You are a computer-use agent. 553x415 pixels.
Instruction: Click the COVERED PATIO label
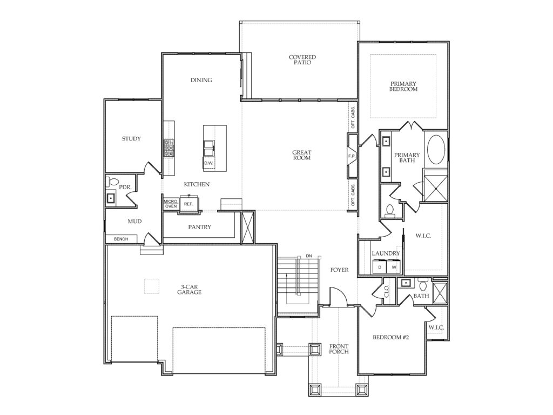pos(302,59)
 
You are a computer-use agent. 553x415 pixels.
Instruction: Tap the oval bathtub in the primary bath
pos(436,149)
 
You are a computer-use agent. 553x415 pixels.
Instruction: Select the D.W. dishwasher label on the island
pos(208,163)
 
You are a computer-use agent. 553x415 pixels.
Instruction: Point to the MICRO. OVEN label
pos(171,204)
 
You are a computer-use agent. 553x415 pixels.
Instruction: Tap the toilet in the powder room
pos(112,182)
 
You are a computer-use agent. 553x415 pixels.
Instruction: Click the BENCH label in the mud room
pos(121,239)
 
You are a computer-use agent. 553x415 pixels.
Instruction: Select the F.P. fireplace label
pos(352,156)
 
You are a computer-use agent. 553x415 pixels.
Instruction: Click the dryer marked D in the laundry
pos(380,266)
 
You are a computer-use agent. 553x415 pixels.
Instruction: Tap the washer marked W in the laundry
pos(394,266)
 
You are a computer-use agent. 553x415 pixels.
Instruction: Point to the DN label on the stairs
pos(309,256)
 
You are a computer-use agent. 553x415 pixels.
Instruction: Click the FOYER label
pos(339,270)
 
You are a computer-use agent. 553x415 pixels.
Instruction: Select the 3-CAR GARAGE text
pos(190,290)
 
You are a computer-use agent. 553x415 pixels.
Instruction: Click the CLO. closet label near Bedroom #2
pos(387,291)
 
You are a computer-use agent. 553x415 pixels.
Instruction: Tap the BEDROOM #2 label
pos(391,337)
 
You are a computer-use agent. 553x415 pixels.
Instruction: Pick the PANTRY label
pos(200,227)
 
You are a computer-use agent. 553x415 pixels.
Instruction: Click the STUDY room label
pos(131,139)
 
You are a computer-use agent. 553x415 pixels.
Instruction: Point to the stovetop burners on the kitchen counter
pos(169,148)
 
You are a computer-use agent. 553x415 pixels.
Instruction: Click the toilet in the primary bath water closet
pos(389,210)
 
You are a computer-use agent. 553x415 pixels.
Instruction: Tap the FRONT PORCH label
pos(339,349)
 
